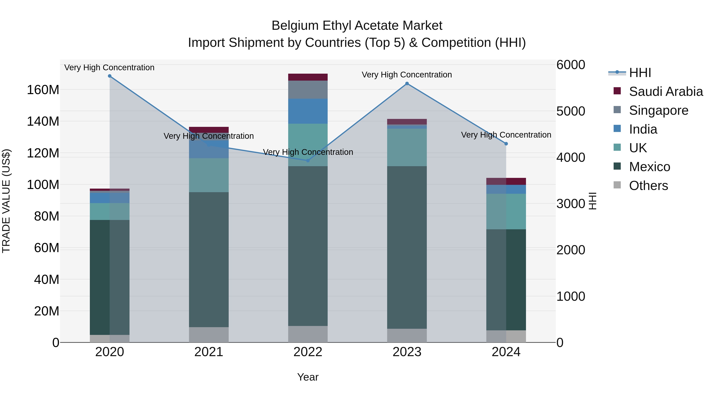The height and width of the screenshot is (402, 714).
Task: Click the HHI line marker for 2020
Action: (x=109, y=76)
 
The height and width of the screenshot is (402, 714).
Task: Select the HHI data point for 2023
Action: (x=407, y=84)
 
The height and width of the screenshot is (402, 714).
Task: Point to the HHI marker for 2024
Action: (x=506, y=144)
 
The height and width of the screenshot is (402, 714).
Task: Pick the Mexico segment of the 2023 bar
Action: (x=407, y=247)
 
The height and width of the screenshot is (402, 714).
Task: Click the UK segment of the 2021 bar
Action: (x=209, y=175)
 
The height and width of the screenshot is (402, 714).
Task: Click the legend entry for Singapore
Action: (x=658, y=110)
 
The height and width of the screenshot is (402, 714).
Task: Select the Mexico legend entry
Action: (x=649, y=167)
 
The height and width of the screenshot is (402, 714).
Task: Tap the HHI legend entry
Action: (x=640, y=73)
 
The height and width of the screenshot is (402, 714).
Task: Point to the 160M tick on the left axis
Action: (x=43, y=90)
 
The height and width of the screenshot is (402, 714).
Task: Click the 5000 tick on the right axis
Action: (x=571, y=111)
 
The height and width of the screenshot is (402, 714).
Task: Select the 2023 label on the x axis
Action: (x=407, y=352)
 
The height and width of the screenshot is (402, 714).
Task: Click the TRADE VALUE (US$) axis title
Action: (x=6, y=201)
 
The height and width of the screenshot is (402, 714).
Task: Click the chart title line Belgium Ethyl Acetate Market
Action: (x=357, y=26)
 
